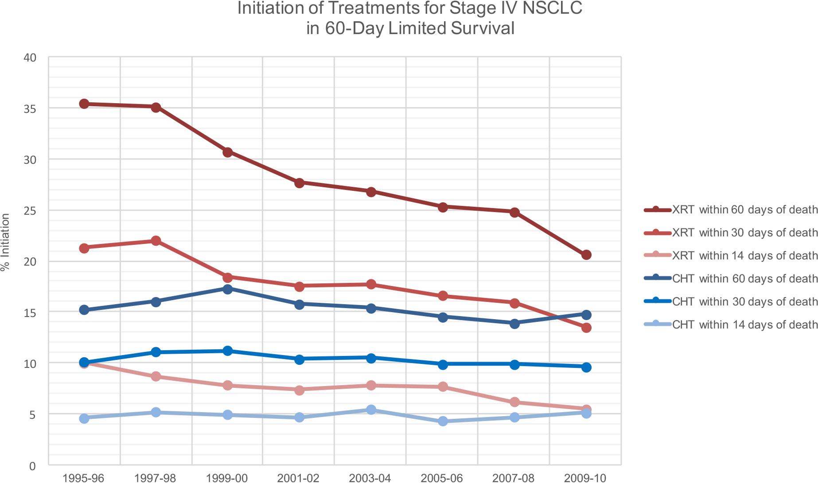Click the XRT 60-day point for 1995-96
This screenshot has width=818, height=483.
click(x=84, y=104)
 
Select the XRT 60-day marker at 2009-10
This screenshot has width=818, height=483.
click(x=586, y=255)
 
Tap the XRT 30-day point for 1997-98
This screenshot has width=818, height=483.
click(x=156, y=240)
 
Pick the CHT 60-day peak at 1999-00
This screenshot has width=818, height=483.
click(x=227, y=289)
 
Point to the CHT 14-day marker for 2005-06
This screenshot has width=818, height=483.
click(x=442, y=421)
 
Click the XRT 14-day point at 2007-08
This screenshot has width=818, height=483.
click(x=514, y=402)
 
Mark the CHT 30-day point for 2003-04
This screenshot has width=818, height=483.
click(x=371, y=358)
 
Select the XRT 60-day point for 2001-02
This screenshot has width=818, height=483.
click(x=299, y=182)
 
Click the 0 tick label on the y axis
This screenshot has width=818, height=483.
click(x=32, y=466)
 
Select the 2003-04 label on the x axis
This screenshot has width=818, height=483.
click(x=370, y=478)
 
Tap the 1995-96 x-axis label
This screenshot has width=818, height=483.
click(x=83, y=478)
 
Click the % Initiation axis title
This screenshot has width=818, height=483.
click(x=5, y=242)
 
